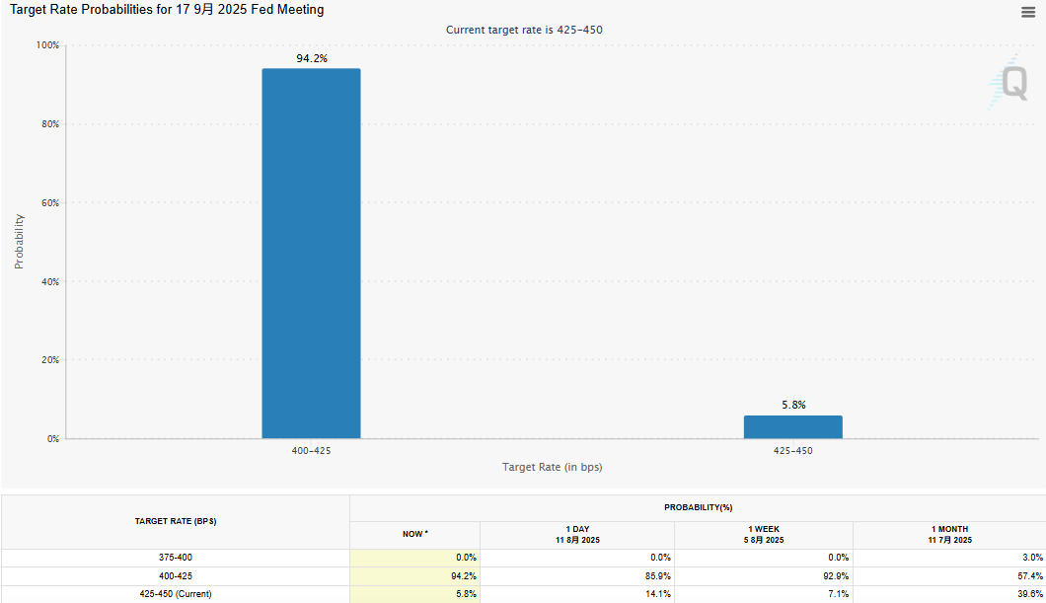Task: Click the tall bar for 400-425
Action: (x=311, y=254)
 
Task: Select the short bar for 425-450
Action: (x=792, y=427)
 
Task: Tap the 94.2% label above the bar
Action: (x=311, y=59)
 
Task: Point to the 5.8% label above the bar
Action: (x=792, y=406)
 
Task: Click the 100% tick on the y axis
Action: (x=47, y=45)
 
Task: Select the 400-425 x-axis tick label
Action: (x=311, y=450)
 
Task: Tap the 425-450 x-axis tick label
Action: (x=792, y=450)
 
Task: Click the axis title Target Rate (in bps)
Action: (x=552, y=467)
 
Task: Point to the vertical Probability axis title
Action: (x=19, y=242)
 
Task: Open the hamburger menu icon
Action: (x=1028, y=12)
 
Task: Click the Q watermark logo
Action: (x=1012, y=82)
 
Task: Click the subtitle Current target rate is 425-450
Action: (x=524, y=30)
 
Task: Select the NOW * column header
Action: (x=414, y=534)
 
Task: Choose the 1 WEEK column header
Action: (x=765, y=534)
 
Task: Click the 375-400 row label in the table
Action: (x=176, y=558)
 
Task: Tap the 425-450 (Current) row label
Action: (x=176, y=594)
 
